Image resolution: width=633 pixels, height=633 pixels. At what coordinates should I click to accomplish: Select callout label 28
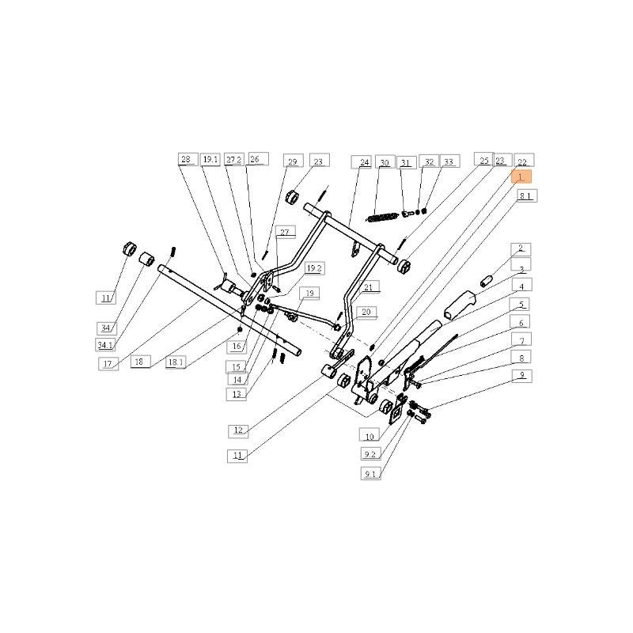[x=187, y=159]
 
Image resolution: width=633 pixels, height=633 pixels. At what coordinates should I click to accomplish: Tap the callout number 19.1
[x=210, y=159]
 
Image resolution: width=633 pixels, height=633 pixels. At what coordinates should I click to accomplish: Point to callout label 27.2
[x=233, y=159]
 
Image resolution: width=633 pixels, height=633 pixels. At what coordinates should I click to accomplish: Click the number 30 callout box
[x=385, y=162]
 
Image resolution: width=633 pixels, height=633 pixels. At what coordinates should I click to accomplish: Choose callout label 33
[x=449, y=161]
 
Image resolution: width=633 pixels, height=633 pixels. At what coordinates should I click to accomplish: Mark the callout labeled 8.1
[x=527, y=195]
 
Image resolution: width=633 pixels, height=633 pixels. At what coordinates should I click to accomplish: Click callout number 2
[x=521, y=248]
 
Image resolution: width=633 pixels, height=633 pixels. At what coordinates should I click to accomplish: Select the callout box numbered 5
[x=521, y=304]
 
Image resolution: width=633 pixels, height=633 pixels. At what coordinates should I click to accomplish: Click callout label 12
[x=239, y=430]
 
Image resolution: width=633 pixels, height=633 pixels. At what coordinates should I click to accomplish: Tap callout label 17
[x=109, y=363]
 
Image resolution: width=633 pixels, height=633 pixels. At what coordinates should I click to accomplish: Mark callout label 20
[x=365, y=312]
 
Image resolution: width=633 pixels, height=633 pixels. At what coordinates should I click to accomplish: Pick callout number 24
[x=364, y=162]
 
